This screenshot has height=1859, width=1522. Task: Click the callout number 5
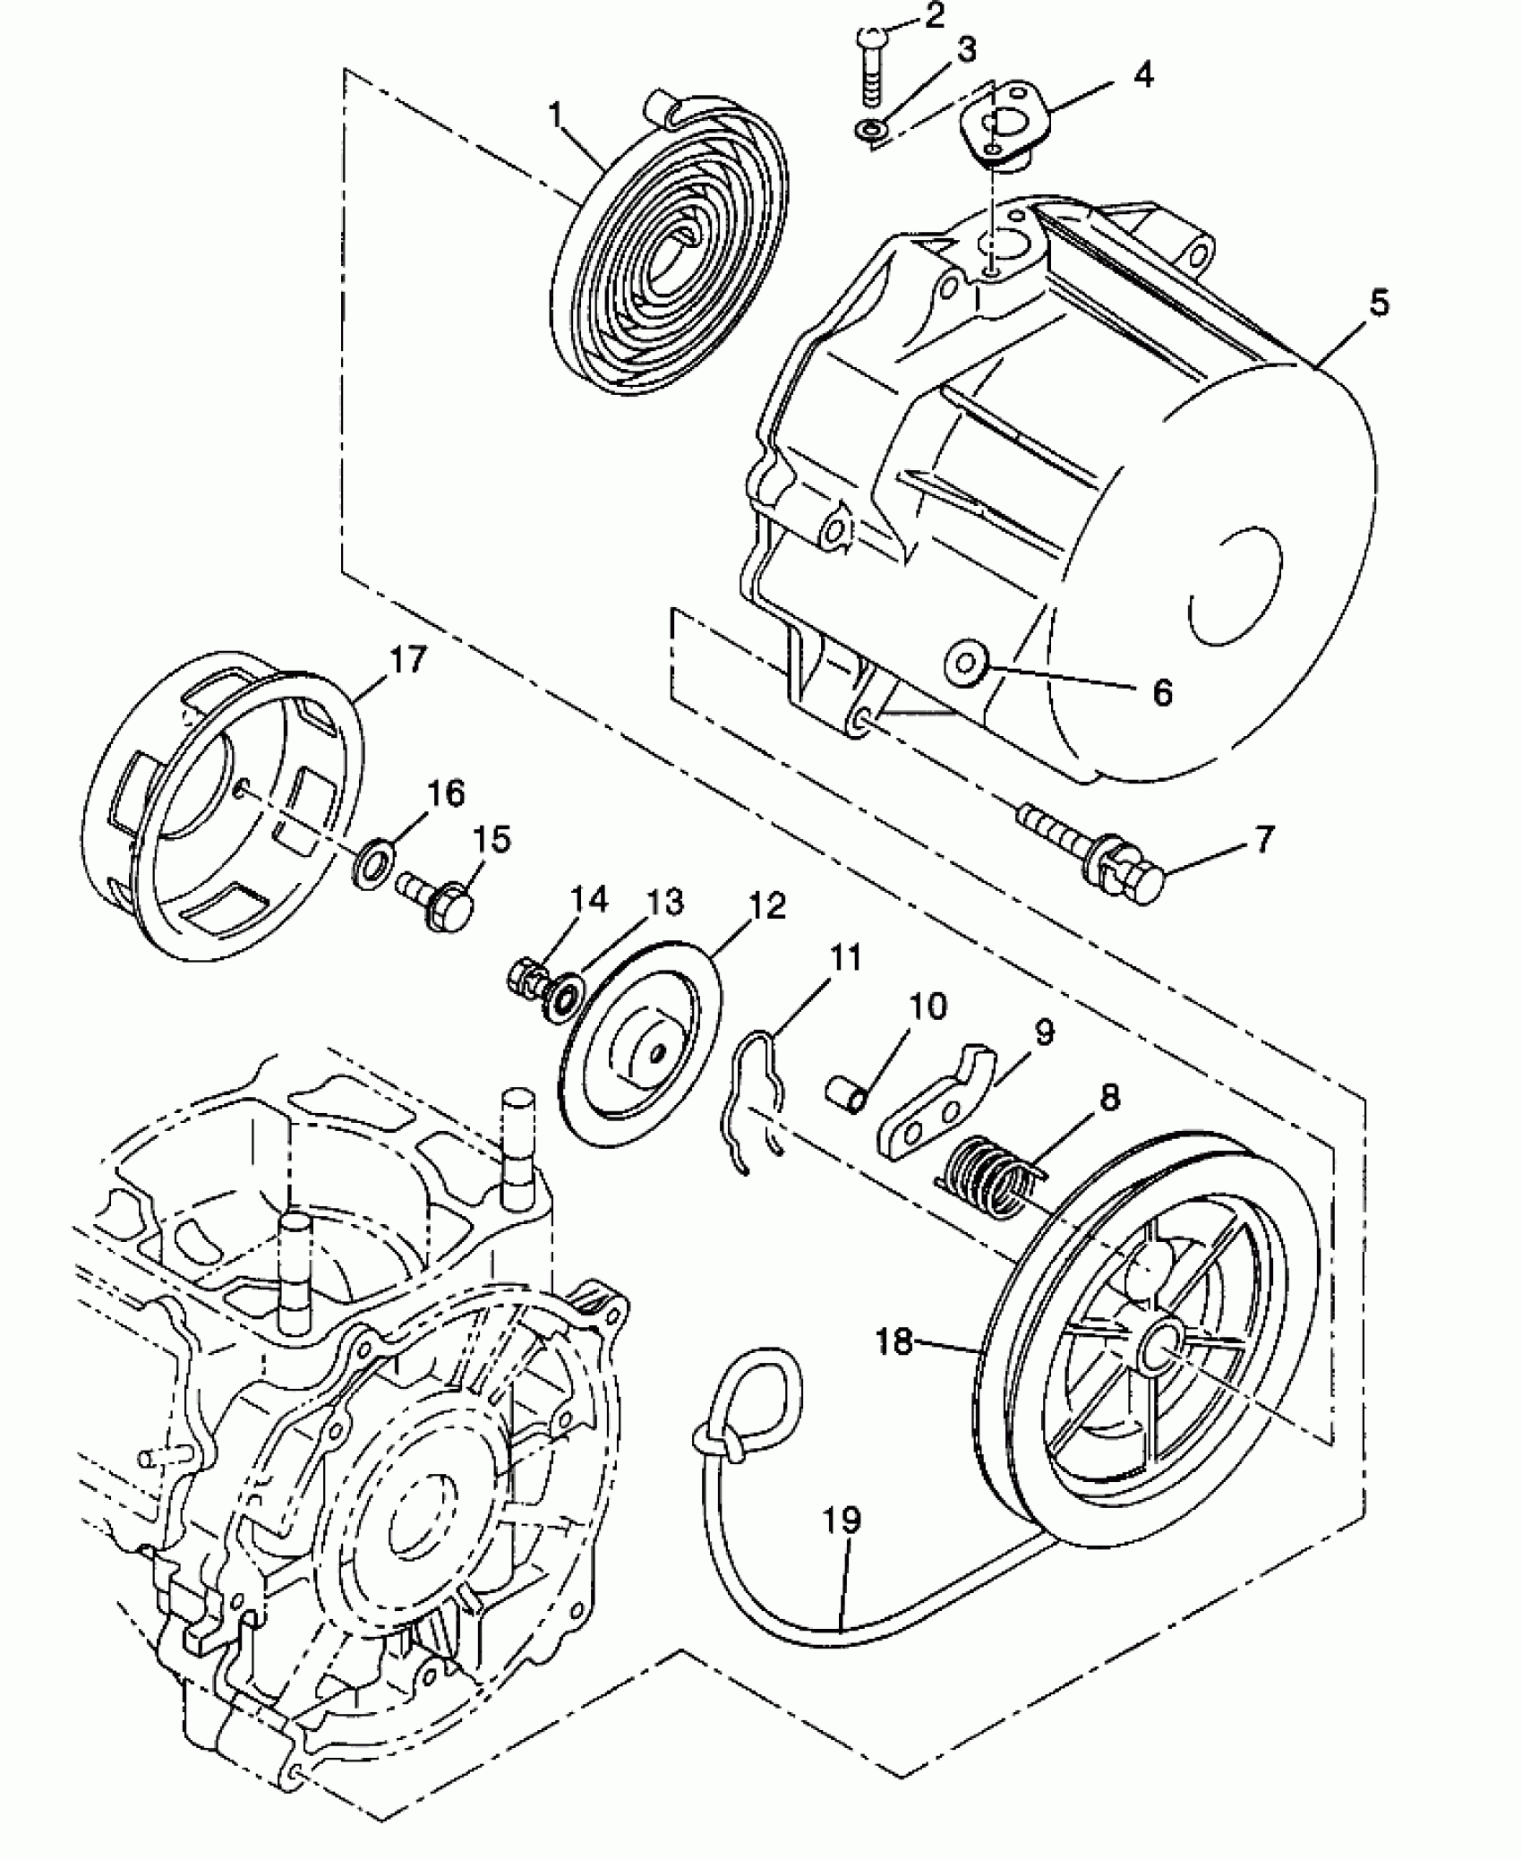coord(1379,304)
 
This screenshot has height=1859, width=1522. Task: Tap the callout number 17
coord(407,662)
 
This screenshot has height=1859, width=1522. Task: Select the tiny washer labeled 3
coord(866,130)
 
